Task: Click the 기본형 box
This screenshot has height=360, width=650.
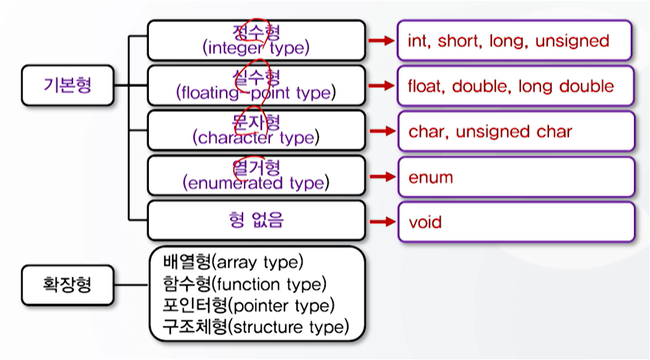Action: [x=67, y=86]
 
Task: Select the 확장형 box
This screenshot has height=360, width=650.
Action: [x=67, y=286]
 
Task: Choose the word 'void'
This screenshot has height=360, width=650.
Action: [x=425, y=222]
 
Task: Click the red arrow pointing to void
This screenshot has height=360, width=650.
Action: [x=381, y=222]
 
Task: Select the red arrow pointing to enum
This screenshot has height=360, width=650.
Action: [x=381, y=177]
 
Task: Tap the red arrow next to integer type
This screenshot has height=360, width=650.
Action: [x=381, y=41]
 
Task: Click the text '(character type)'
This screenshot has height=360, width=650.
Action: [x=256, y=138]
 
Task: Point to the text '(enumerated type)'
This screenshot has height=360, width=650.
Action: [x=256, y=183]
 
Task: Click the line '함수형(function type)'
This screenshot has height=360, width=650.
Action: [x=245, y=284]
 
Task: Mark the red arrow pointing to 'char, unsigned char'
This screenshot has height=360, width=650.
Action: [x=381, y=132]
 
